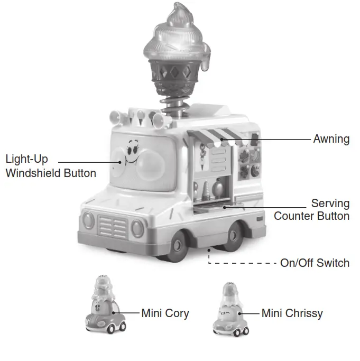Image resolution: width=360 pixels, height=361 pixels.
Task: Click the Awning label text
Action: click(x=331, y=139)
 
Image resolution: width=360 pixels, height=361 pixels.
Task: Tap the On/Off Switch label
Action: click(x=315, y=263)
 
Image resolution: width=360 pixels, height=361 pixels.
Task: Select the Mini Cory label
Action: click(x=165, y=313)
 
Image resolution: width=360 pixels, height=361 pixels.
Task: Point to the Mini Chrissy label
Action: click(x=292, y=313)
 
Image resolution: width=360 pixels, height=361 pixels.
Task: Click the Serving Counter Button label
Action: click(x=311, y=210)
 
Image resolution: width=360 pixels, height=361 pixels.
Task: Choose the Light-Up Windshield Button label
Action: click(x=51, y=165)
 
